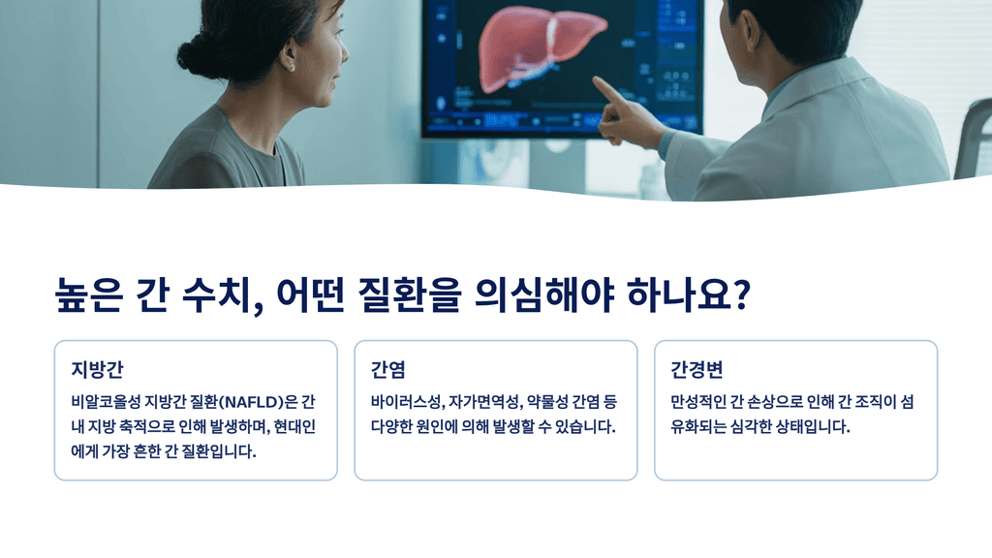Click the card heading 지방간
pyautogui.click(x=97, y=370)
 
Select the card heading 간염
pyautogui.click(x=387, y=370)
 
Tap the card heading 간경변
pyautogui.click(x=697, y=370)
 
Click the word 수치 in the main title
pyautogui.click(x=215, y=293)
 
